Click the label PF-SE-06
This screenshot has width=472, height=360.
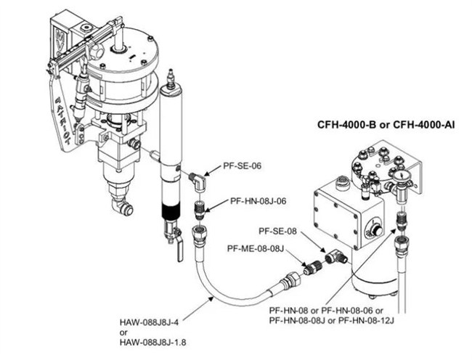(x=240, y=165)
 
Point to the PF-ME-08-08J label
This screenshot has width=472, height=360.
(x=255, y=248)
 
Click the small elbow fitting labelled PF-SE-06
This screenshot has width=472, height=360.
(x=195, y=179)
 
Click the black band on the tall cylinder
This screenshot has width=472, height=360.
(x=171, y=216)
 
